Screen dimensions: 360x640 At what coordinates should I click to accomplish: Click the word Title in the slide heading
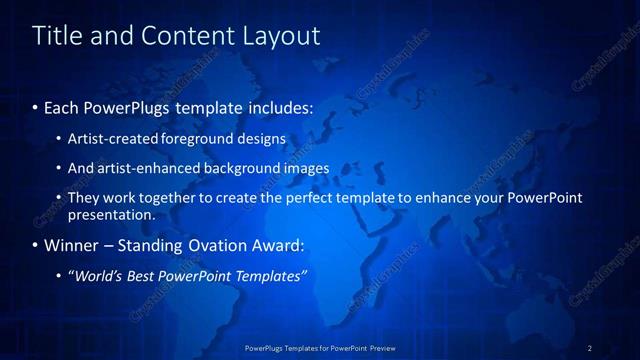[57, 36]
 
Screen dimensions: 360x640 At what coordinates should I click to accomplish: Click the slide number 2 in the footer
[590, 347]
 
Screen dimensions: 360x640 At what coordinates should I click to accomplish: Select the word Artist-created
[112, 139]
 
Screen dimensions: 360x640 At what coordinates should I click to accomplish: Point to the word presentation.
[111, 215]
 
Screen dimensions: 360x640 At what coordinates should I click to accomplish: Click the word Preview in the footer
[381, 347]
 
